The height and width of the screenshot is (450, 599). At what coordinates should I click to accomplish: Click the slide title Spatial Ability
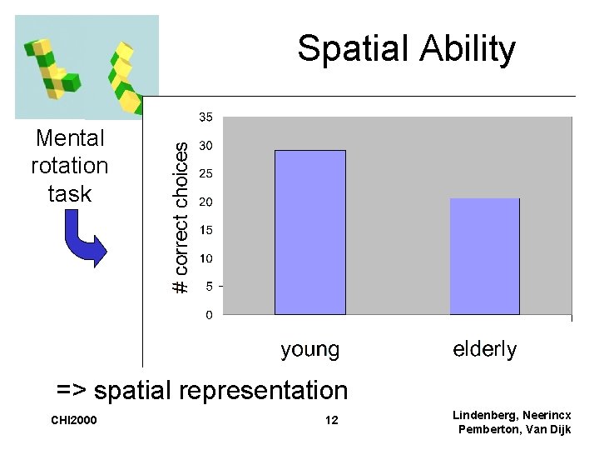(406, 48)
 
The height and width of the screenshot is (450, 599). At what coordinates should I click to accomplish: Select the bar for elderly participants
(484, 256)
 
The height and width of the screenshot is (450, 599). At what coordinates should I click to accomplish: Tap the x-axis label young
(309, 349)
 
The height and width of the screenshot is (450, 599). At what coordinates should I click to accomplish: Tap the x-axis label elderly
(484, 349)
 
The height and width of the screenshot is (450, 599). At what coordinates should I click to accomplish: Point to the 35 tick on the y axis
(204, 117)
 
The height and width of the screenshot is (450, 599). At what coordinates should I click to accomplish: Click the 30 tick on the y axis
(204, 146)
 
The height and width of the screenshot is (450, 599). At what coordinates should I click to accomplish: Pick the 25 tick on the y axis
(204, 173)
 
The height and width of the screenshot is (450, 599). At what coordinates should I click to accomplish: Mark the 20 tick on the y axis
(204, 202)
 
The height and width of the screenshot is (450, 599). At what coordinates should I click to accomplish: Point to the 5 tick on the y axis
(208, 287)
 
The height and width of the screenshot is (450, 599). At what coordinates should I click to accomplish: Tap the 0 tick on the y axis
(208, 315)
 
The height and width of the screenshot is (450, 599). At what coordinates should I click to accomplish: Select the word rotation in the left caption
(69, 166)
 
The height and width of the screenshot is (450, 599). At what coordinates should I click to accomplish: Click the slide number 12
(331, 420)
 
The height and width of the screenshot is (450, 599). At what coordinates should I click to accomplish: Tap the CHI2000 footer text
(74, 420)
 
